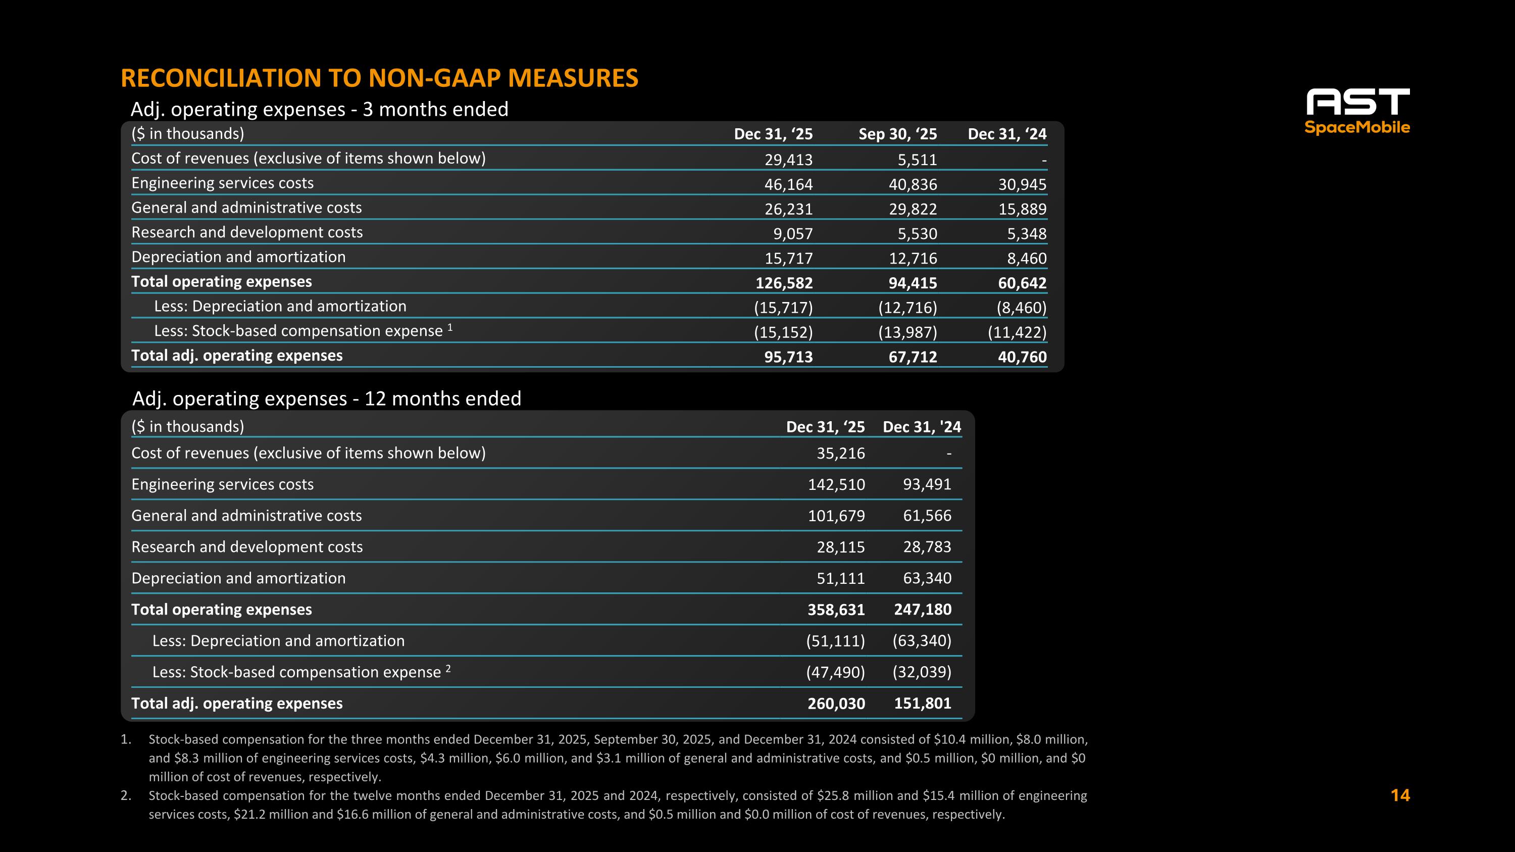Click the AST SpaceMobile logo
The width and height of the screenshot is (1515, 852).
coord(1357,112)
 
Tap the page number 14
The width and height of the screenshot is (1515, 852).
coord(1400,795)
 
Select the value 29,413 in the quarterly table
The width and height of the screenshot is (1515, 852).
coord(788,160)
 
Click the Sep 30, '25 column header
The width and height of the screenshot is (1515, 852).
coord(897,134)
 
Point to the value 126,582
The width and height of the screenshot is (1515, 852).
coord(783,283)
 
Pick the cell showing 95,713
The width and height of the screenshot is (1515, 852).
coord(788,357)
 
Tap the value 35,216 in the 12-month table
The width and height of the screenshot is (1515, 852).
coord(840,454)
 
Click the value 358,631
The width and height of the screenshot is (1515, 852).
coord(836,610)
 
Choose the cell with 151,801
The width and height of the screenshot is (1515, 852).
coord(922,703)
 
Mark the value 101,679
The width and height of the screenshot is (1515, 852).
coord(836,516)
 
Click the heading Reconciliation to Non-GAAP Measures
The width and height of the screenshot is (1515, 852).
coord(379,78)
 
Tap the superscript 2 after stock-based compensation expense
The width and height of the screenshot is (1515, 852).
coord(448,668)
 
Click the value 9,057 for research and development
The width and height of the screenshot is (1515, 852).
coord(792,233)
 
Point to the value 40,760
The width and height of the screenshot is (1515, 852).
coord(1022,357)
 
